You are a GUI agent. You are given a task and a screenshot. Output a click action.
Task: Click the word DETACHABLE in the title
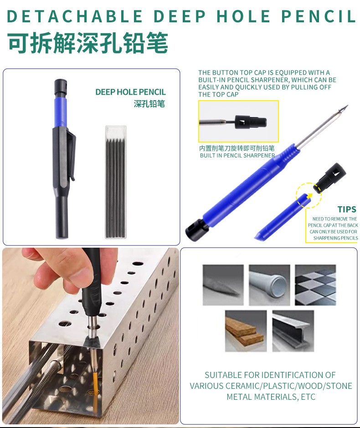click(74, 16)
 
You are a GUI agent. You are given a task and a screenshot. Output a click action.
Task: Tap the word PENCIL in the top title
click(319, 16)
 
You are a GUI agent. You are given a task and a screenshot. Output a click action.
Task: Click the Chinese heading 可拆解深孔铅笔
click(87, 43)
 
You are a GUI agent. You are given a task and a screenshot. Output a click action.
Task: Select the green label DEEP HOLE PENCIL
click(131, 92)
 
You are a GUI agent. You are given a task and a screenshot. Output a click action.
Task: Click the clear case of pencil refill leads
click(116, 182)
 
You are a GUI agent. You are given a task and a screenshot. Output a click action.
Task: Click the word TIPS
click(347, 209)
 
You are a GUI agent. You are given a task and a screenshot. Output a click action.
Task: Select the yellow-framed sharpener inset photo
click(238, 121)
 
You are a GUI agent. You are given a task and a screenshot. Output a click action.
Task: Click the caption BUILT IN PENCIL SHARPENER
click(237, 156)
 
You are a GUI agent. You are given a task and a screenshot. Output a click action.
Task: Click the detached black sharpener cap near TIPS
click(329, 178)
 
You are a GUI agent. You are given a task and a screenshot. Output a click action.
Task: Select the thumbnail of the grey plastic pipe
click(269, 285)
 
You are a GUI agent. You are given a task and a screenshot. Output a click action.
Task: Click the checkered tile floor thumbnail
click(315, 285)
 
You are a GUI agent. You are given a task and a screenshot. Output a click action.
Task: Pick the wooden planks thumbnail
click(246, 331)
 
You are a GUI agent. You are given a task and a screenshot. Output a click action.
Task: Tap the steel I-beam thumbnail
click(293, 331)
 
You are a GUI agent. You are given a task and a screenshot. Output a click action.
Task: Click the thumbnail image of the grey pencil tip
click(223, 285)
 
